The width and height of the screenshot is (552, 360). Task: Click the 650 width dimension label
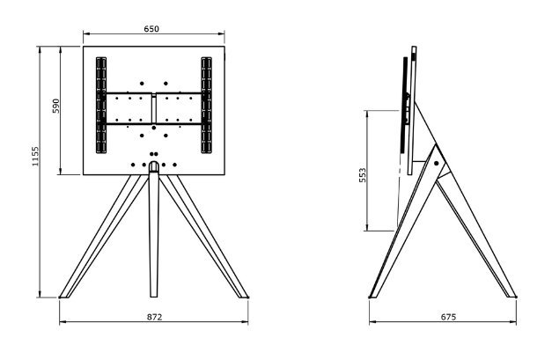[151, 29]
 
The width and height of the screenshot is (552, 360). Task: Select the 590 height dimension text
[55, 107]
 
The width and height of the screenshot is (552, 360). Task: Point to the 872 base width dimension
[154, 315]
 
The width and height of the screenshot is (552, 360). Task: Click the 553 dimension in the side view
[363, 175]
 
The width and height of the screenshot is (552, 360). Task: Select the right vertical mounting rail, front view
[207, 107]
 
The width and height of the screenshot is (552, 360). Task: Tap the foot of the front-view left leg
[67, 293]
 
